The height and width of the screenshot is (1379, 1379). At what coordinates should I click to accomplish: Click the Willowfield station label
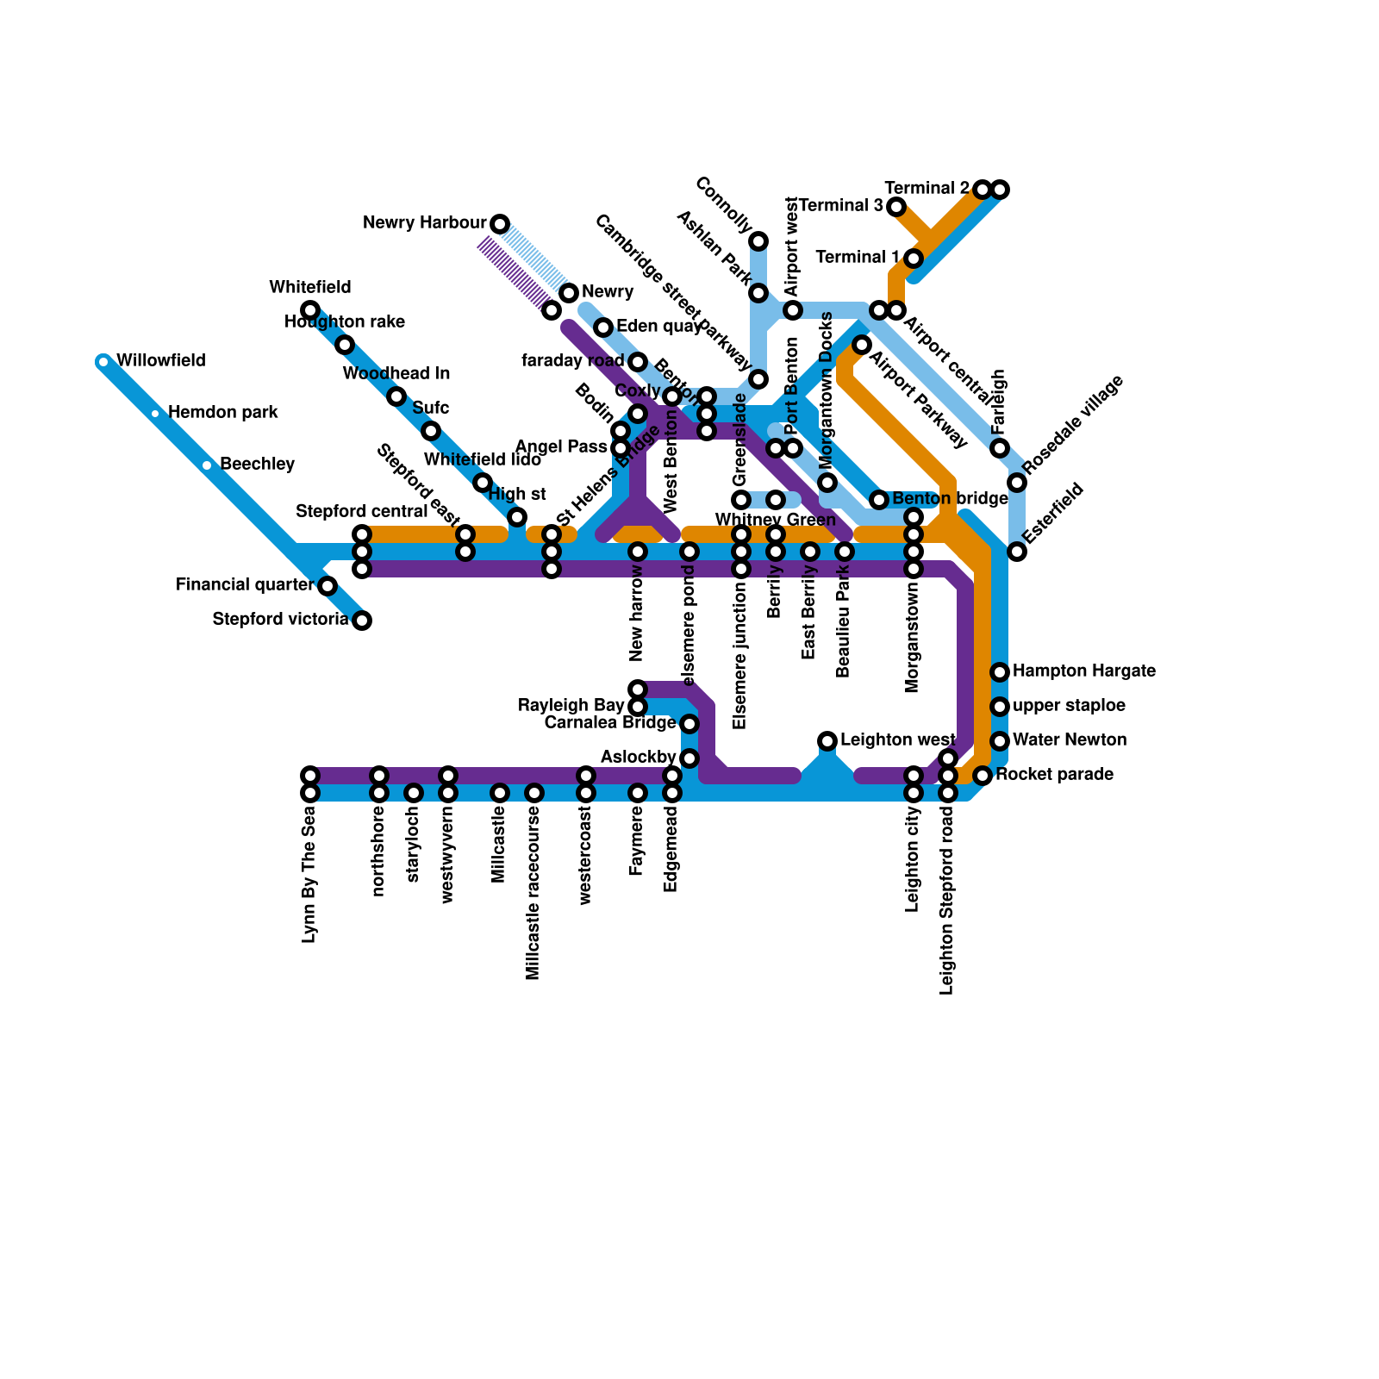click(x=160, y=361)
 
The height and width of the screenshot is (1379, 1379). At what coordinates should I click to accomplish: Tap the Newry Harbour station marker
click(x=500, y=224)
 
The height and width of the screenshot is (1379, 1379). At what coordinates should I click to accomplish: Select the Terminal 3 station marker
click(x=896, y=207)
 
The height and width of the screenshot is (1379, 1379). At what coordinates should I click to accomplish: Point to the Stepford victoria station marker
click(x=362, y=621)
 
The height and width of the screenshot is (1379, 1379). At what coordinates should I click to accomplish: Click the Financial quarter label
click(x=244, y=585)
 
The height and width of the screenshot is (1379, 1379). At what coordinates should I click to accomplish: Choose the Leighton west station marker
click(x=827, y=741)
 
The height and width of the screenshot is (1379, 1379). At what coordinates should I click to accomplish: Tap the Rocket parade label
click(x=1054, y=775)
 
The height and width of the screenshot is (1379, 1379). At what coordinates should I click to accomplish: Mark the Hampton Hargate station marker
click(x=1000, y=672)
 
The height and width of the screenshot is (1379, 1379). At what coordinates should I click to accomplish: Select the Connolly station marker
click(x=758, y=240)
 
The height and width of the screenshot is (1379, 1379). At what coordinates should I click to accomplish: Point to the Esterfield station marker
click(x=1017, y=552)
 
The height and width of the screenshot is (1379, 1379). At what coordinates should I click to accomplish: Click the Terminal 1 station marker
click(x=914, y=259)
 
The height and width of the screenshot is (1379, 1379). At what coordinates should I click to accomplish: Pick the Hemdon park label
click(x=222, y=413)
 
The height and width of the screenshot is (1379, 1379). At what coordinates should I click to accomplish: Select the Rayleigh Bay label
click(x=571, y=706)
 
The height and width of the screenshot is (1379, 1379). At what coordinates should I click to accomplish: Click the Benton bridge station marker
click(x=879, y=500)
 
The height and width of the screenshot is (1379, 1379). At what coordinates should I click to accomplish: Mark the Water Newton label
click(x=1070, y=740)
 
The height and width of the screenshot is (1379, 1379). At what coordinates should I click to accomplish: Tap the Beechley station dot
click(x=207, y=465)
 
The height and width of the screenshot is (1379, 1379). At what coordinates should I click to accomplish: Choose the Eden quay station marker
click(x=603, y=328)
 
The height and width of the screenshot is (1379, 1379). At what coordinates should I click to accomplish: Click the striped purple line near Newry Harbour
click(x=515, y=274)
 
